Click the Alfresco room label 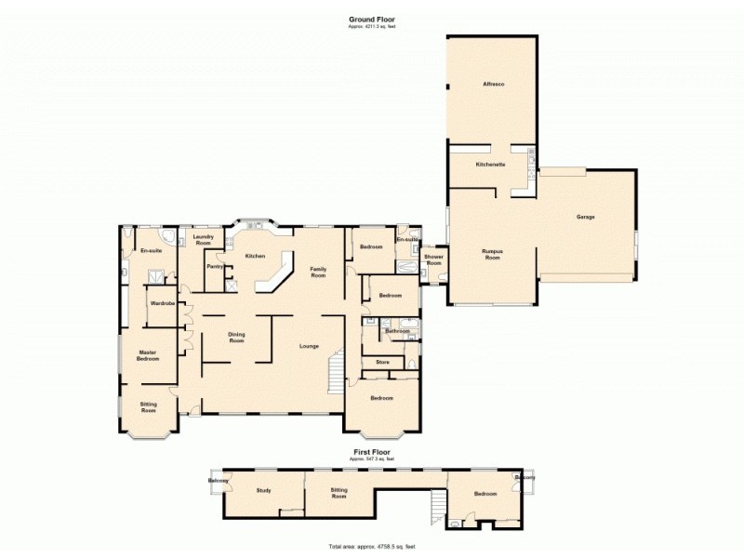pyautogui.click(x=493, y=85)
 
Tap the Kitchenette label pyautogui.click(x=490, y=165)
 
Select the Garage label pyautogui.click(x=586, y=217)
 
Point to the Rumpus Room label pyautogui.click(x=492, y=254)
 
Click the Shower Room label pyautogui.click(x=433, y=259)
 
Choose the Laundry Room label pyautogui.click(x=203, y=240)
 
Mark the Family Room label pyautogui.click(x=318, y=273)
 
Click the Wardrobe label pyautogui.click(x=162, y=303)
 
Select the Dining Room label pyautogui.click(x=236, y=339)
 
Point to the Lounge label pyautogui.click(x=309, y=346)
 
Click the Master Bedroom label pyautogui.click(x=148, y=355)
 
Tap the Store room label pyautogui.click(x=381, y=361)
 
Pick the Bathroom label pyautogui.click(x=398, y=331)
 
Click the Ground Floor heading pyautogui.click(x=370, y=19)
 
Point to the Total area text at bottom pyautogui.click(x=371, y=546)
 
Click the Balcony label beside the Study pyautogui.click(x=219, y=481)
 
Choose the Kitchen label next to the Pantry pyautogui.click(x=256, y=256)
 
